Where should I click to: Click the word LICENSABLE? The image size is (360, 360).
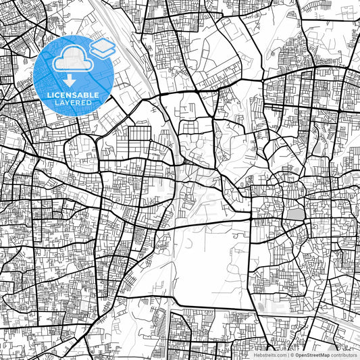click(x=72, y=95)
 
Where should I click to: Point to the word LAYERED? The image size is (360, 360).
click(x=72, y=103)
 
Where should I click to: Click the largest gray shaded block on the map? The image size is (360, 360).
click(x=294, y=215)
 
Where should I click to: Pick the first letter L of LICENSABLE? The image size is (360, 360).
click(x=47, y=95)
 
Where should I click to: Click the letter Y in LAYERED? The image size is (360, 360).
click(x=66, y=103)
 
